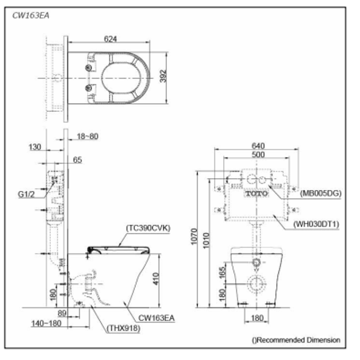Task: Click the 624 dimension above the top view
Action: [x=110, y=39]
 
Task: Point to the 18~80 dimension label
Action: [x=87, y=136]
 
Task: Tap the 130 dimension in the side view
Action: [x=35, y=147]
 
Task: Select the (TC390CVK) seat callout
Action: [x=148, y=228]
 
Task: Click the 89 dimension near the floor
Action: [x=62, y=314]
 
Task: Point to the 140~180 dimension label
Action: [x=47, y=323]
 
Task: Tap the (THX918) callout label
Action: [x=123, y=328]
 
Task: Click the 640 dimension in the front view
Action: [x=258, y=146]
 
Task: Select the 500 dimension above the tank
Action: [x=258, y=155]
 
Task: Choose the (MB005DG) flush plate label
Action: [x=321, y=194]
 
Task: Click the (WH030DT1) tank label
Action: [x=316, y=224]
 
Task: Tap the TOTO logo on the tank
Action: [x=257, y=194]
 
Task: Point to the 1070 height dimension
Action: [x=195, y=237]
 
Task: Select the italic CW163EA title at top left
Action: [x=31, y=16]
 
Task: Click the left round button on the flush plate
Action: [x=251, y=180]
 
